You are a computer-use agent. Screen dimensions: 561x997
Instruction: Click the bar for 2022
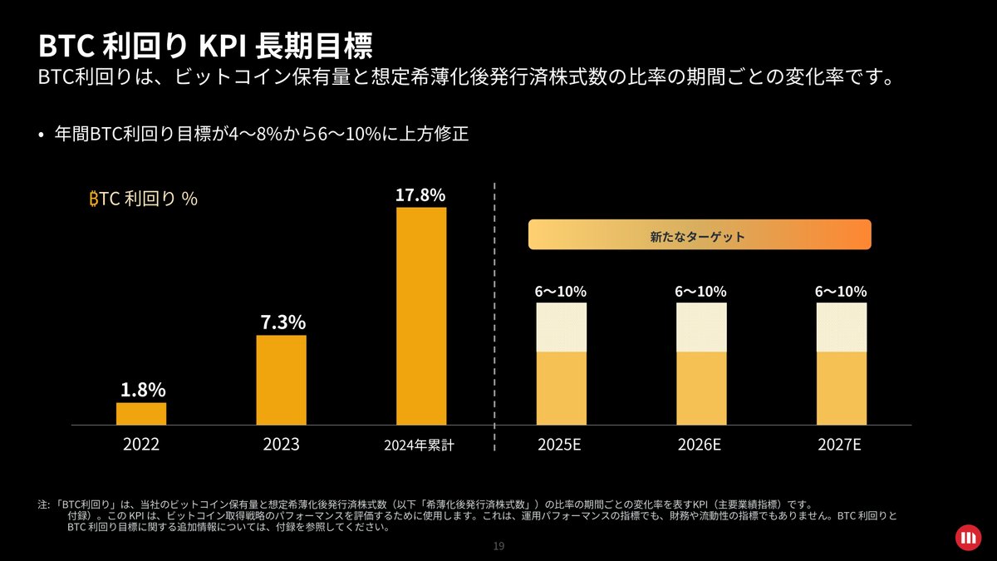141,413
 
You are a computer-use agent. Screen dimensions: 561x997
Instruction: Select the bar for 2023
281,380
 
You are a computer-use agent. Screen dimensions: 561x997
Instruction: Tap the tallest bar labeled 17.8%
421,316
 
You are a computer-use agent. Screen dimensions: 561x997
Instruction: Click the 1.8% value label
143,390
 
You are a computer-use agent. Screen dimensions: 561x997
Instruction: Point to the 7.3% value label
281,322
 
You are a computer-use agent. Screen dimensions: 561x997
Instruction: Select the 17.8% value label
420,195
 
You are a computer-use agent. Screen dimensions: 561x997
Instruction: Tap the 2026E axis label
700,445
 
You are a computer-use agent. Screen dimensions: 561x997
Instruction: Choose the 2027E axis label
840,445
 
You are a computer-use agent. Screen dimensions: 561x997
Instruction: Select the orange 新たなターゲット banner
699,235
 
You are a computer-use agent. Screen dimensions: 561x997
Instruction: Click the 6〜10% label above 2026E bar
700,292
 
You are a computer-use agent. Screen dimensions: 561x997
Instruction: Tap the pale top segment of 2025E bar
562,327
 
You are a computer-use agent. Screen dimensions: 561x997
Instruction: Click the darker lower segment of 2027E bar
842,388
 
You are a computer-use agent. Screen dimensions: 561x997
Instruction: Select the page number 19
498,546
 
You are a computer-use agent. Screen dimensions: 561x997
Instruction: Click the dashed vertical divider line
494,316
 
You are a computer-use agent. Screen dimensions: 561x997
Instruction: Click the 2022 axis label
141,445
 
